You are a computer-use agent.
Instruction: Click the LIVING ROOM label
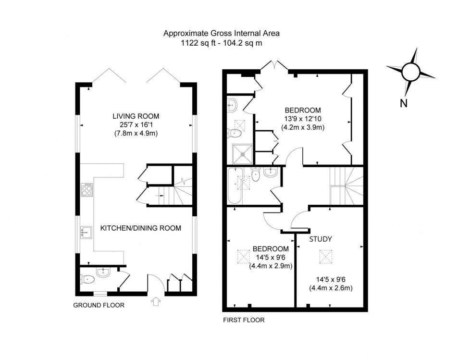coord(136,116)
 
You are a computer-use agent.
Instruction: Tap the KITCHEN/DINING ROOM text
coord(140,228)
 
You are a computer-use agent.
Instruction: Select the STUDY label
coord(321,238)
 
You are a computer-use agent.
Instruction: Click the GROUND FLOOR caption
coord(99,305)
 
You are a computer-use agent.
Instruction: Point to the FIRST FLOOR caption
coord(243,320)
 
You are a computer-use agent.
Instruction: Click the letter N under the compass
coord(403,102)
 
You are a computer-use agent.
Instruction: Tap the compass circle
coord(411,72)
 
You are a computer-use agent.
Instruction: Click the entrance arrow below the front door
coord(156,302)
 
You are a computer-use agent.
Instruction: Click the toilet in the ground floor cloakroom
coord(87,279)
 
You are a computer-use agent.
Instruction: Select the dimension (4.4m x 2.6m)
coord(332,288)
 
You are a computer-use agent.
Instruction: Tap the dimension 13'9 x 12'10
coord(302,119)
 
